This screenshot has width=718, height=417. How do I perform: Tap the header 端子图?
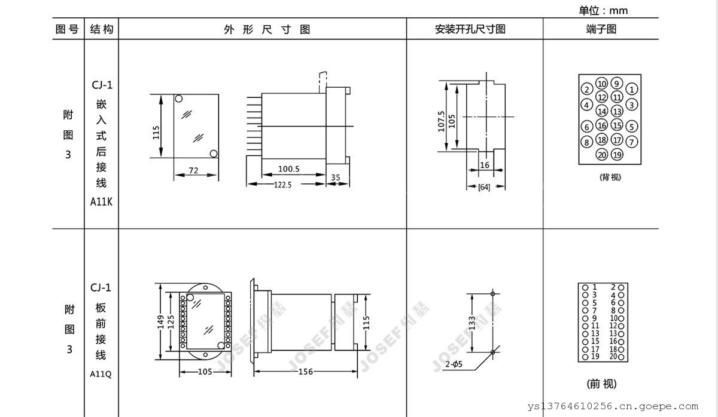click(601, 29)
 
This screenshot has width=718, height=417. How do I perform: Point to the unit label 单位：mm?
click(603, 10)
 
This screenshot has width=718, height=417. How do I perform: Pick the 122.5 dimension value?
click(282, 185)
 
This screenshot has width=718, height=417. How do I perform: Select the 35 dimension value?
click(336, 177)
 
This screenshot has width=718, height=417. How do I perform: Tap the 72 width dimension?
click(193, 170)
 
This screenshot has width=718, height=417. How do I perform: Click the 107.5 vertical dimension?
click(441, 121)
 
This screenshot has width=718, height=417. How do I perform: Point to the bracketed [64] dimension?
click(484, 188)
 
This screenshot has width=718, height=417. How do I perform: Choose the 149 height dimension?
click(160, 321)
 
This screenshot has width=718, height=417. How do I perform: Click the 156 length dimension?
click(305, 372)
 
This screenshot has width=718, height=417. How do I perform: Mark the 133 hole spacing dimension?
click(473, 323)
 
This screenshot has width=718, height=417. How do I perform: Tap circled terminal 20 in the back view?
click(602, 155)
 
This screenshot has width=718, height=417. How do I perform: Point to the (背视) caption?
click(609, 177)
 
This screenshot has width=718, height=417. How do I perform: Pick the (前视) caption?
click(601, 384)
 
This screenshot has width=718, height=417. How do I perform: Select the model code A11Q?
click(101, 374)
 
